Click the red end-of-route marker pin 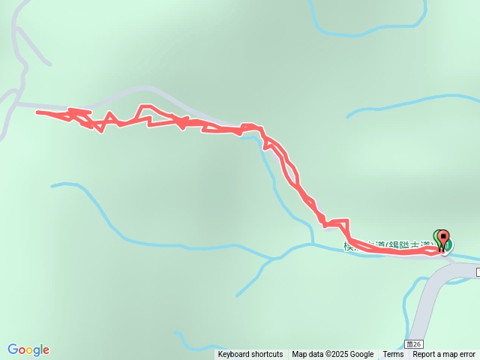point(443,238)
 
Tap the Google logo point(28,349)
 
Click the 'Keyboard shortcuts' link point(250,355)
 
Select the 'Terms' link point(393,355)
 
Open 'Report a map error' point(444,355)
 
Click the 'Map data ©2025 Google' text point(333,355)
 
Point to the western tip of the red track point(37,112)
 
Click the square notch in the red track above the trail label point(337,222)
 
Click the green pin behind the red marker point(437,236)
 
